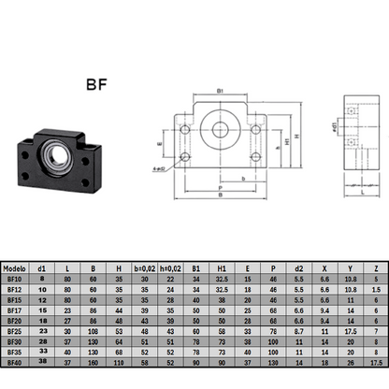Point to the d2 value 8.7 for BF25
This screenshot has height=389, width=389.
(x=296, y=330)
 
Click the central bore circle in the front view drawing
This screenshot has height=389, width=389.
(x=222, y=125)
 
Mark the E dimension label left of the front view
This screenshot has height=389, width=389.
(x=159, y=145)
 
